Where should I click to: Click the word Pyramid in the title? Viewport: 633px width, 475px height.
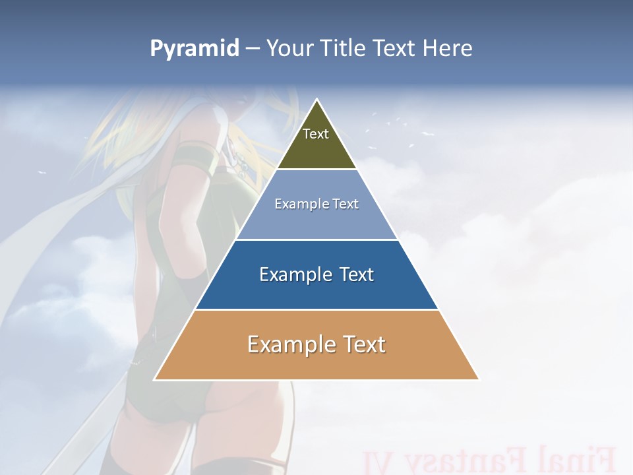[x=194, y=49]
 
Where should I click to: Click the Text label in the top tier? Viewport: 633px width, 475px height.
[x=316, y=134]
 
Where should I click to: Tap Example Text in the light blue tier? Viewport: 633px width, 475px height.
[x=316, y=204]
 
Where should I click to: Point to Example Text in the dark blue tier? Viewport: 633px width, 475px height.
[x=316, y=274]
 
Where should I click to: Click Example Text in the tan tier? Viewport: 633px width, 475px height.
[x=316, y=344]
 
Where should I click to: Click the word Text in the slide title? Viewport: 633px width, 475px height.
[x=394, y=49]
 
